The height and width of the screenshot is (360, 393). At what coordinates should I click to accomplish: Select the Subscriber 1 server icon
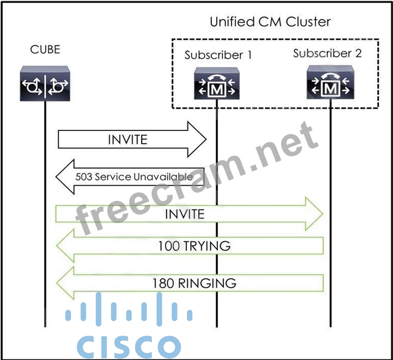(216, 85)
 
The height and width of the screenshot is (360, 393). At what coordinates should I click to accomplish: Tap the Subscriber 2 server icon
(330, 83)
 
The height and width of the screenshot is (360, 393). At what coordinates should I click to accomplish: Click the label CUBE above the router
(45, 50)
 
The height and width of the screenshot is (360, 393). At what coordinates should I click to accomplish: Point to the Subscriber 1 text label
(218, 55)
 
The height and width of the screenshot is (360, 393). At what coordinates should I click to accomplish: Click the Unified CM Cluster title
(270, 22)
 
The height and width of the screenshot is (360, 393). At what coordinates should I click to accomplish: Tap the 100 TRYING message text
(194, 246)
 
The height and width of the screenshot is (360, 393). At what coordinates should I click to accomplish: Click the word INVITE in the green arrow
(185, 214)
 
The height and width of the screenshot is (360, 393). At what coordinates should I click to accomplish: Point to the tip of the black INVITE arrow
(206, 140)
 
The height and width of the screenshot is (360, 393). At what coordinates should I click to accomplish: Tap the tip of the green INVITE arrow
(322, 214)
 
